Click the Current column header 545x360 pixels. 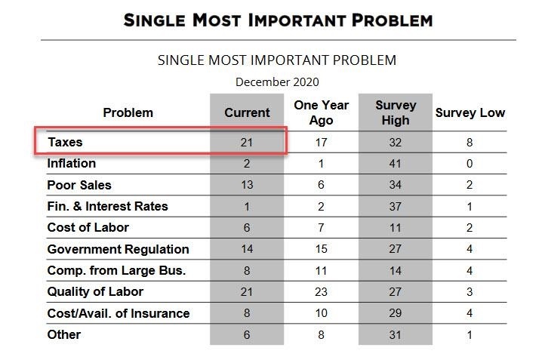[247, 112]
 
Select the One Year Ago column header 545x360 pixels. [321, 112]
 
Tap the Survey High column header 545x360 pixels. [396, 112]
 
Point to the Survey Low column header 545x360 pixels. [470, 112]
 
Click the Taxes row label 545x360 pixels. [65, 142]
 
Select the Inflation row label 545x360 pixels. [71, 163]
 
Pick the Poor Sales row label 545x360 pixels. [79, 185]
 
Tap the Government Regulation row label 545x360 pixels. [119, 249]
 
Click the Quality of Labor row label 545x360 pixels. [95, 291]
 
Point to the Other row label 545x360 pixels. [64, 334]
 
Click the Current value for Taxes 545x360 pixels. [246, 143]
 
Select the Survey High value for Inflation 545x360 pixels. [396, 164]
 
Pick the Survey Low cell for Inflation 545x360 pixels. [470, 164]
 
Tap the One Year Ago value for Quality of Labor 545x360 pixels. [321, 292]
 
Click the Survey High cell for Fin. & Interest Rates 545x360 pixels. [396, 206]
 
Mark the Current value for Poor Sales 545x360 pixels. [247, 185]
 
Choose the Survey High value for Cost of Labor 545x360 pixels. [396, 228]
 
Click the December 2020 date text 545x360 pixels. [277, 82]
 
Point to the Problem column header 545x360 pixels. [128, 112]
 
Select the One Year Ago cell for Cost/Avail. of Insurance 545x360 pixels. [321, 313]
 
